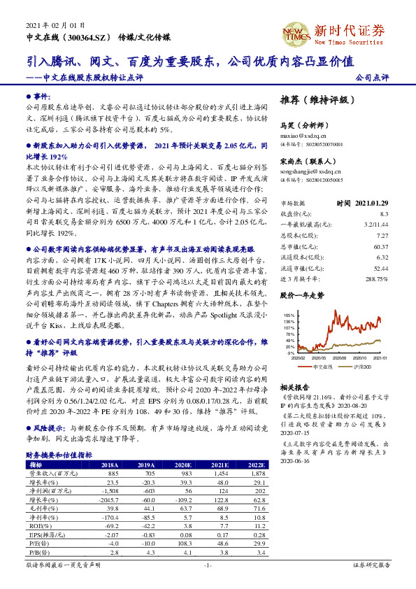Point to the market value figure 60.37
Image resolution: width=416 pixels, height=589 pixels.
pos(381,246)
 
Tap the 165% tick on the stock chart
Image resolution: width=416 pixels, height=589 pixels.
pos(288,316)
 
